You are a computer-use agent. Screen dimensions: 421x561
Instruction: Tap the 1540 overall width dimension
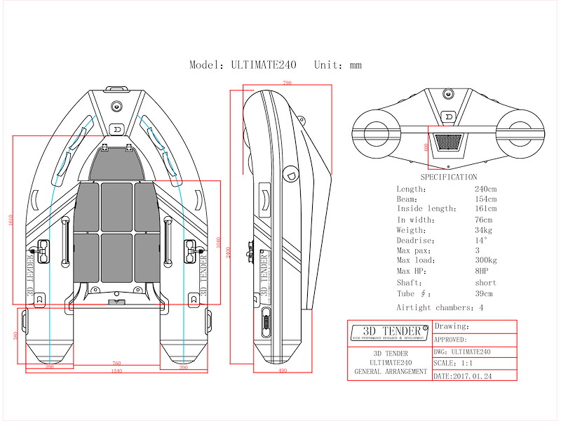tap(116, 370)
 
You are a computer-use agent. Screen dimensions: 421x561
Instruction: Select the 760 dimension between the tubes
tap(116, 363)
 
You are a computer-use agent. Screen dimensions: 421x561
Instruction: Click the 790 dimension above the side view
tap(287, 83)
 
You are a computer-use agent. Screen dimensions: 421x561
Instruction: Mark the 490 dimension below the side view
tap(283, 370)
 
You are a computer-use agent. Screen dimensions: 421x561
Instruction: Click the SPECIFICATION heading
tap(448, 178)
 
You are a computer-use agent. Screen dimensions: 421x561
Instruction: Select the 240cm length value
tap(485, 189)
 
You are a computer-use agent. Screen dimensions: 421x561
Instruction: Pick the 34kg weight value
tap(484, 230)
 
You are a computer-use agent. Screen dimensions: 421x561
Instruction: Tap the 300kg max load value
tap(487, 260)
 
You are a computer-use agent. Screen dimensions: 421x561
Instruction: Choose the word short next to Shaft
tap(485, 283)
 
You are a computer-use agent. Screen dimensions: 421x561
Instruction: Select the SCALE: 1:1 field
tap(454, 363)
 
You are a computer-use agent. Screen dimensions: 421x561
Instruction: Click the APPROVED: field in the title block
tap(455, 339)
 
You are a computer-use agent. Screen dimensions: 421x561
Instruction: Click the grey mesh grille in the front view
tap(447, 142)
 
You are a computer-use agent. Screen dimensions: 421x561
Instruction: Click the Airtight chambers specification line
tap(440, 307)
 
